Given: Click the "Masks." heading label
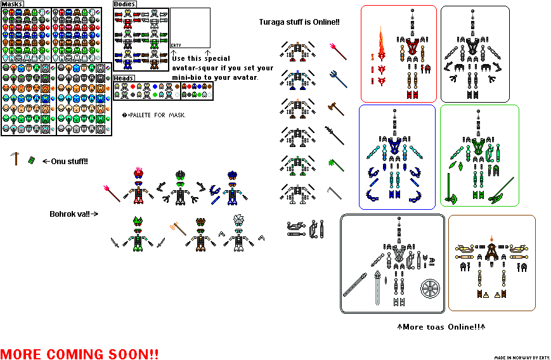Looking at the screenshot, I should (13, 4).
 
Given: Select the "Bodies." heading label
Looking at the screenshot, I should (126, 4).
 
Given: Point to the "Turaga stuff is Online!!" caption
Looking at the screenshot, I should (299, 22).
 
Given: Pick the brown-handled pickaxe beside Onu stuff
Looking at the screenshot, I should (15, 158).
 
